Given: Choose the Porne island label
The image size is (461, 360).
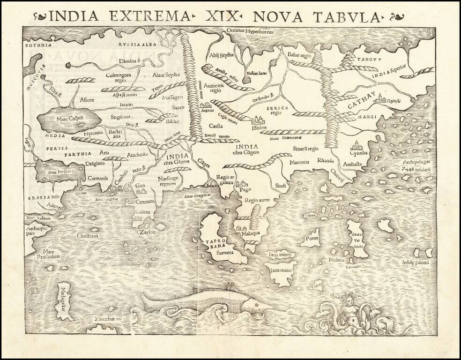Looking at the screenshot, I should (x=312, y=238).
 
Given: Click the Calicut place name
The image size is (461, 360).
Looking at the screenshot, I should (x=143, y=211).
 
